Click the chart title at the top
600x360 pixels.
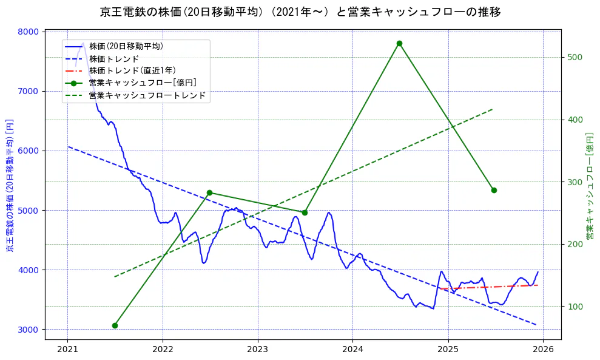[300, 12]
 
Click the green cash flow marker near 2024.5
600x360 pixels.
[399, 44]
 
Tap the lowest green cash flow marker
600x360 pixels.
[115, 325]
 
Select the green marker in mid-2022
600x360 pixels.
[209, 192]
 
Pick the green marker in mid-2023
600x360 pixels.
[305, 212]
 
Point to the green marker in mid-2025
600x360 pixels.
[494, 190]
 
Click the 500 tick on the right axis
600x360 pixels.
[575, 57]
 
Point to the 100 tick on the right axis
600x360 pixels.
[575, 307]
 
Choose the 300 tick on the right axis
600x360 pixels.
[575, 182]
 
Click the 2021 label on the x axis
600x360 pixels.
[67, 350]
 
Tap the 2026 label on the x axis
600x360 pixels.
[543, 350]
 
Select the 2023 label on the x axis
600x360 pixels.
[258, 350]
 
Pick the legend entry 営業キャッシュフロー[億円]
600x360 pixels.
[142, 83]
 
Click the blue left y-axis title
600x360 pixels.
[10, 186]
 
